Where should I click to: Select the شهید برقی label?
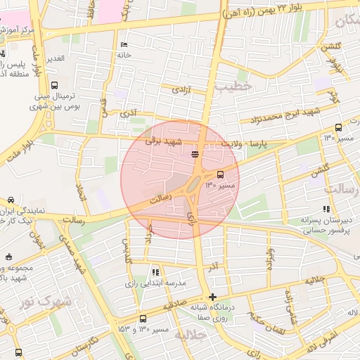(163, 141)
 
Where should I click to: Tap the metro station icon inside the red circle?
(195, 154)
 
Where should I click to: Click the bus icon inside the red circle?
(221, 174)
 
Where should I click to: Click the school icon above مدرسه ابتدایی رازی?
(155, 271)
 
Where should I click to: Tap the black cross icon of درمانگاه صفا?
(212, 297)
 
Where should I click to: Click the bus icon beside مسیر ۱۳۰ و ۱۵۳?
(143, 318)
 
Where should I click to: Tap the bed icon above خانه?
(124, 44)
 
